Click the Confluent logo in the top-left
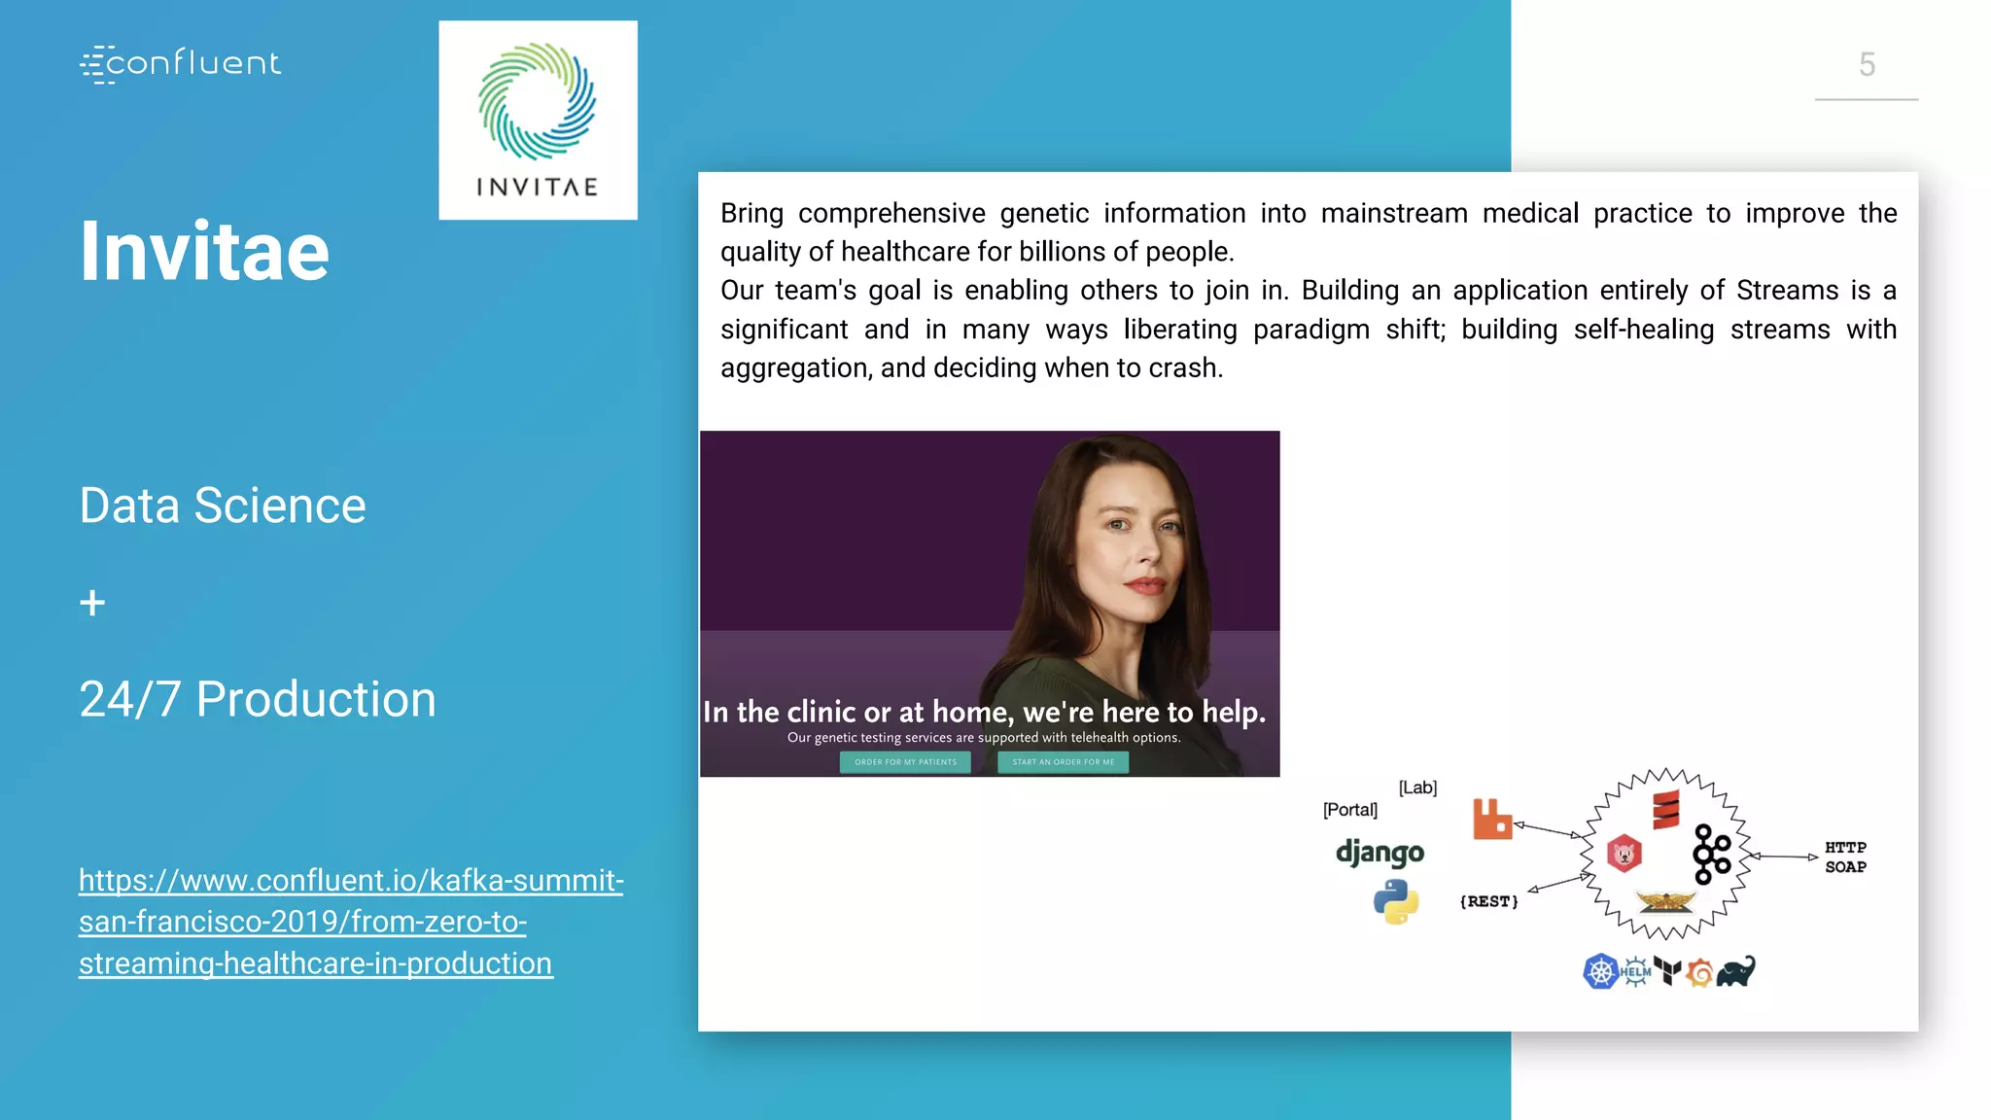(181, 64)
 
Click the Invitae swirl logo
(537, 101)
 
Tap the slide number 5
(1867, 65)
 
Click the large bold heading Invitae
(204, 252)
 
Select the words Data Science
(223, 506)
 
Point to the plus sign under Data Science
(92, 604)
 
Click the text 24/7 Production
(258, 699)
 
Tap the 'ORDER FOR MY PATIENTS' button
(905, 762)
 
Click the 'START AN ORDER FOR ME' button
(1063, 762)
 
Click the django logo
(1380, 853)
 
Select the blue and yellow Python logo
(1396, 901)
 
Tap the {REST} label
(1488, 902)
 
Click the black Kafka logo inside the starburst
(1711, 855)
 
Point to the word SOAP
(1845, 867)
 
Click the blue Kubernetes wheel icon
(1600, 971)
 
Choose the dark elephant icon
(1735, 971)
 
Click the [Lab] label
(1417, 787)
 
